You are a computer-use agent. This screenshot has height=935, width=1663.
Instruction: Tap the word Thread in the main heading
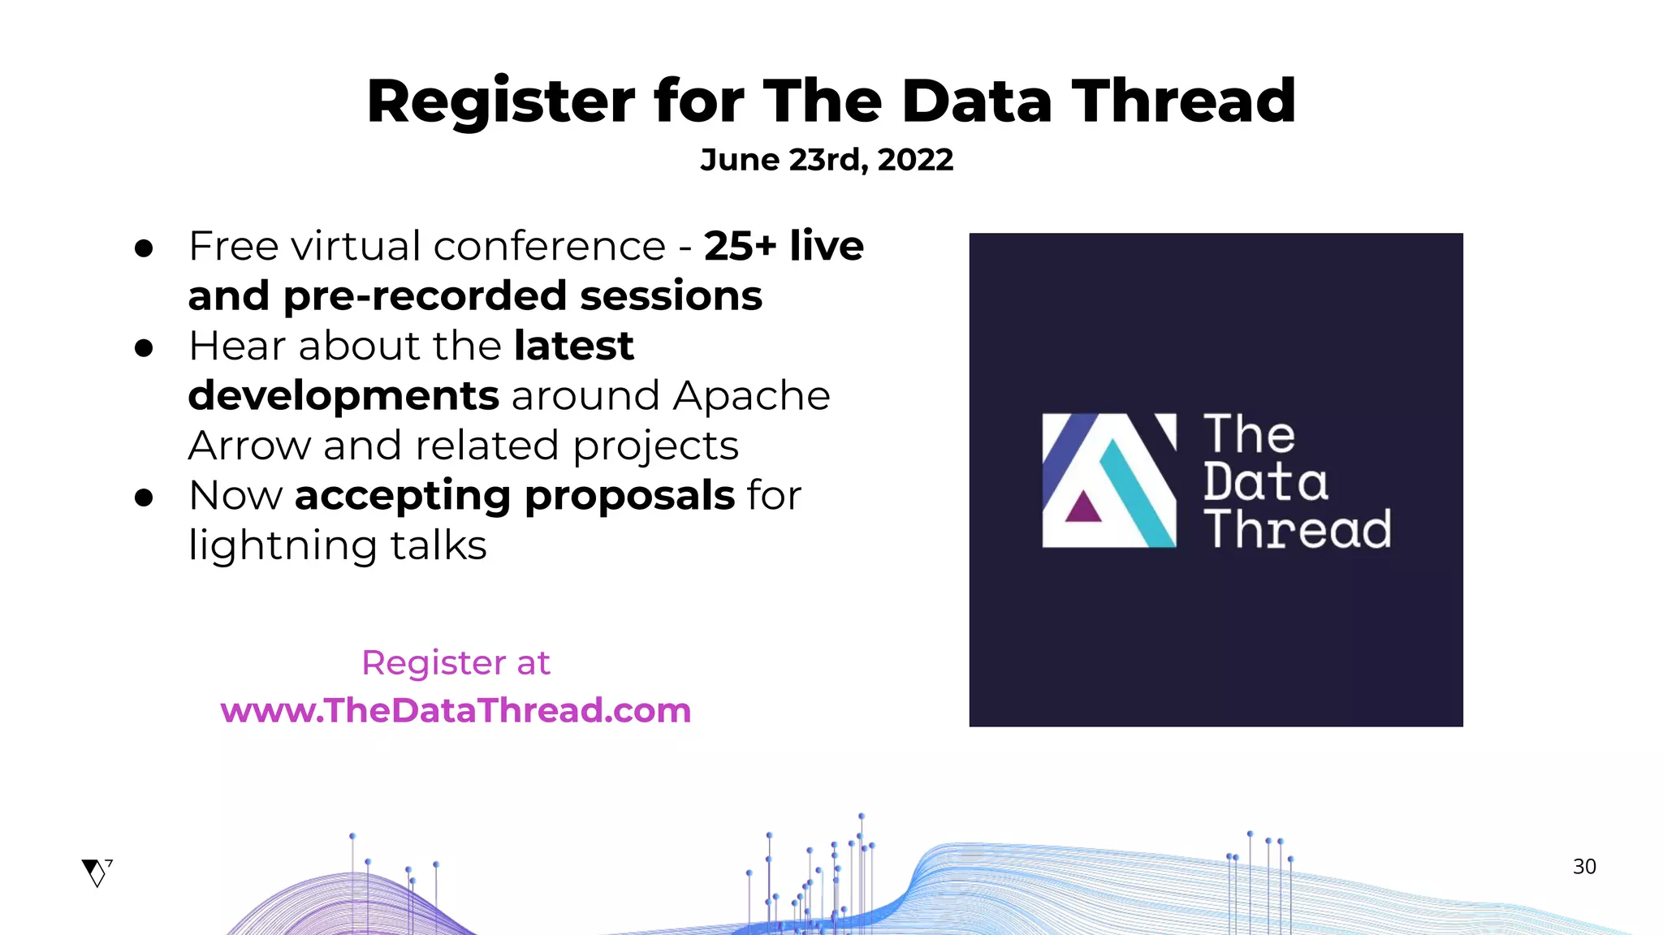click(x=1183, y=102)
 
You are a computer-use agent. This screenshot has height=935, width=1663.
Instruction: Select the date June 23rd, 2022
click(x=827, y=160)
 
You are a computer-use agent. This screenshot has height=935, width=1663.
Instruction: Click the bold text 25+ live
click(x=784, y=246)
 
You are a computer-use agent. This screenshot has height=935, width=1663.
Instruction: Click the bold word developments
click(x=343, y=396)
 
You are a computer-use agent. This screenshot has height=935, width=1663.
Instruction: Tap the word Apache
click(x=751, y=396)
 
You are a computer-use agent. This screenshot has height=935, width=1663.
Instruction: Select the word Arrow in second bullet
click(x=248, y=446)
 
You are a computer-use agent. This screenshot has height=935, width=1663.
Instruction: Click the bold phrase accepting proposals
click(x=515, y=496)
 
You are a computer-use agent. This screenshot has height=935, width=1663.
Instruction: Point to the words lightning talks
click(x=337, y=545)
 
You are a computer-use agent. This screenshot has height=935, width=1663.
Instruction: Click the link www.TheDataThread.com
click(x=456, y=710)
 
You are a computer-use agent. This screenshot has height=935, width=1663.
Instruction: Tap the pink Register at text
click(x=456, y=663)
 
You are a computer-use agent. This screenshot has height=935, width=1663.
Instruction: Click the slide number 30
click(x=1583, y=867)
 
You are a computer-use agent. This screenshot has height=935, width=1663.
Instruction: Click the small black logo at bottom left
click(x=97, y=873)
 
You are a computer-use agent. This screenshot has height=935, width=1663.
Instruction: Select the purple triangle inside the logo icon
click(x=1082, y=508)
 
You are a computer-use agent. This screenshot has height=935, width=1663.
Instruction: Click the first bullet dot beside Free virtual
click(x=145, y=248)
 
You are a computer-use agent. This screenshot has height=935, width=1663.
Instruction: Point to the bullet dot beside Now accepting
click(x=145, y=498)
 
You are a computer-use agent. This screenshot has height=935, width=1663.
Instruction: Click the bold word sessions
click(x=671, y=296)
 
